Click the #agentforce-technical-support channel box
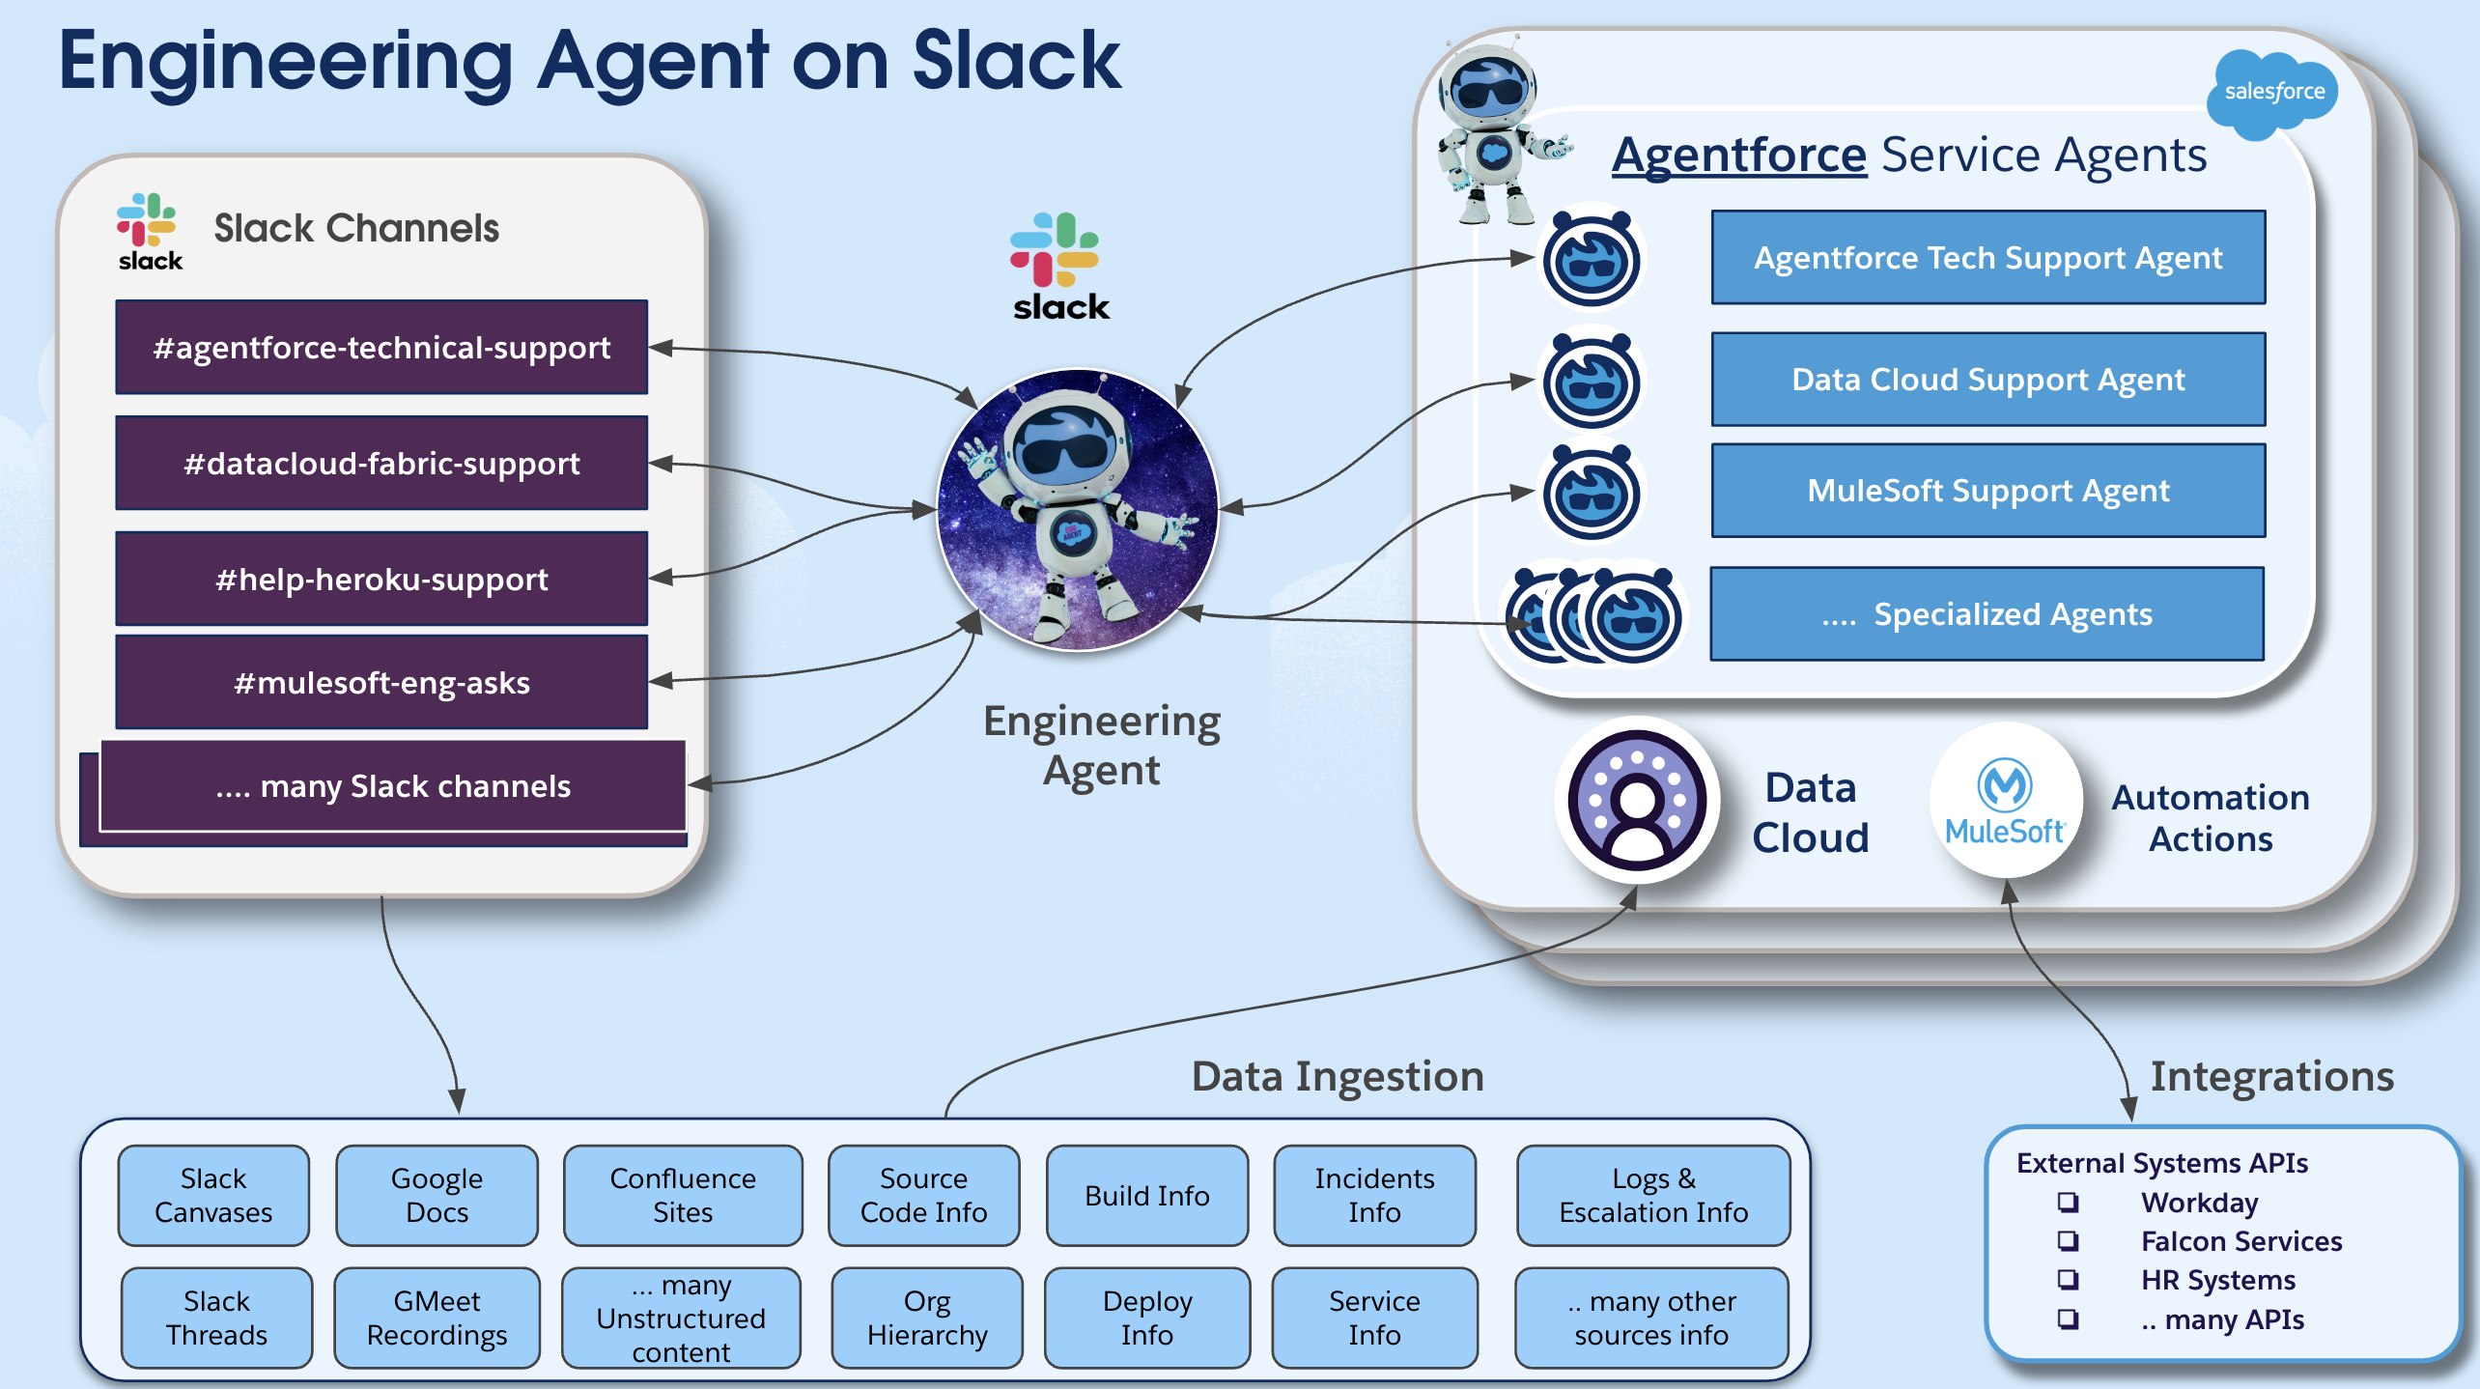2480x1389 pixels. pyautogui.click(x=381, y=347)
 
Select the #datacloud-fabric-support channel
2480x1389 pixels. pyautogui.click(x=381, y=463)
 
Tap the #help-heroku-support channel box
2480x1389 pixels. pyautogui.click(x=381, y=579)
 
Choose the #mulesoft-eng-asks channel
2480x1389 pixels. pyautogui.click(x=381, y=682)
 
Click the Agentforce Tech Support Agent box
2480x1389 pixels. pyautogui.click(x=1987, y=258)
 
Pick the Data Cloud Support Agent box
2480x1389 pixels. pyautogui.click(x=1987, y=380)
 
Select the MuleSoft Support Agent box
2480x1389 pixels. pyautogui.click(x=1987, y=491)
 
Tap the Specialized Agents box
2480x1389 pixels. pyautogui.click(x=1987, y=614)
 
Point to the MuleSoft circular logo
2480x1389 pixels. pyautogui.click(x=2006, y=801)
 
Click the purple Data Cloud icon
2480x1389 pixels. pyautogui.click(x=1637, y=801)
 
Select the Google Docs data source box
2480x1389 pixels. pyautogui.click(x=437, y=1195)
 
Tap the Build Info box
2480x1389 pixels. pyautogui.click(x=1146, y=1195)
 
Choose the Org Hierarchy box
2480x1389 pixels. pyautogui.click(x=926, y=1318)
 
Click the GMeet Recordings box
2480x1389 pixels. pyautogui.click(x=437, y=1318)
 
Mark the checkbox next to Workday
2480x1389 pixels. pyautogui.click(x=2068, y=1203)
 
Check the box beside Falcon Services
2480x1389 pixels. pyautogui.click(x=2068, y=1241)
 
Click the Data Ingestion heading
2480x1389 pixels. pyautogui.click(x=1338, y=1076)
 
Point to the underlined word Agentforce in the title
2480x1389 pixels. pyautogui.click(x=1738, y=155)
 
